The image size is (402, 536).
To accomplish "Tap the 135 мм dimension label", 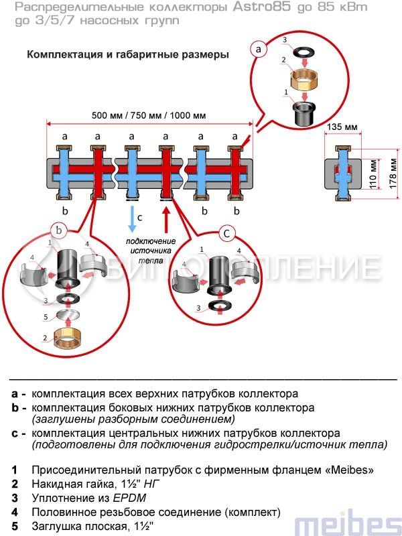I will pos(342,126).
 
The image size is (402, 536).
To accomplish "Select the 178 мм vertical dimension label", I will pos(394,174).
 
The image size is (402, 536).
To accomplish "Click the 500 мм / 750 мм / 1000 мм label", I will pos(149,115).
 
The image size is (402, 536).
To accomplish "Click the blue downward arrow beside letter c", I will pos(131,217).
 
